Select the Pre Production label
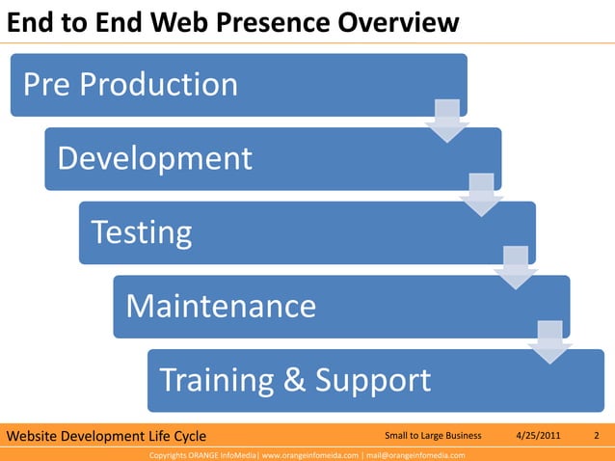130,85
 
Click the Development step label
154,158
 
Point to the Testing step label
141,232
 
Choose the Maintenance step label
221,307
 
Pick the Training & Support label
295,380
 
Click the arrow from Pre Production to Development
446,120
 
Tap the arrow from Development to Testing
481,194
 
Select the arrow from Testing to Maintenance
515,267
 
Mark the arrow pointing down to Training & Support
549,341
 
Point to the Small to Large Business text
432,436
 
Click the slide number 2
597,436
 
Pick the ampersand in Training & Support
295,381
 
